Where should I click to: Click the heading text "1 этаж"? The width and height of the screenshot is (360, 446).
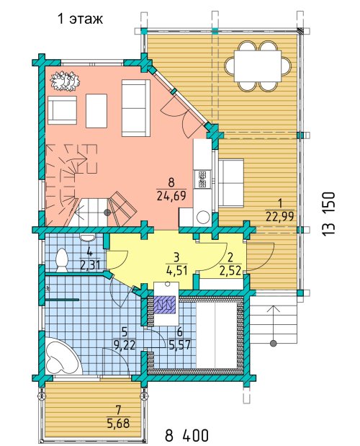[x=80, y=19]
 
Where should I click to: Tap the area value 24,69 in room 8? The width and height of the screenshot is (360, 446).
[x=171, y=196]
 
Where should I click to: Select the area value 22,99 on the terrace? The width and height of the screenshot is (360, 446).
[x=280, y=217]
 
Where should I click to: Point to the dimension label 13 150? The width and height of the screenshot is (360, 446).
[x=329, y=214]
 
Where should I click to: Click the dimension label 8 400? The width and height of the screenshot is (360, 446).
[x=187, y=435]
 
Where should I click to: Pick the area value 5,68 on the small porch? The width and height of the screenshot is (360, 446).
[x=119, y=423]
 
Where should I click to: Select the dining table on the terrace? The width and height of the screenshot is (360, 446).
[x=258, y=66]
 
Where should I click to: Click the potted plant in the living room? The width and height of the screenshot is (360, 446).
[x=65, y=80]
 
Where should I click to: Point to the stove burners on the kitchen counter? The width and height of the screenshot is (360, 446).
[x=202, y=179]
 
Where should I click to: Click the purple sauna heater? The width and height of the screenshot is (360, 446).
[x=164, y=305]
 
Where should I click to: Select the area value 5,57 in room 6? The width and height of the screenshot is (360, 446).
[x=179, y=345]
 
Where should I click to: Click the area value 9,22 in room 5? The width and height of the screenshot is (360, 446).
[x=124, y=345]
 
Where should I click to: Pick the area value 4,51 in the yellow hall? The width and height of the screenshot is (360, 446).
[x=176, y=270]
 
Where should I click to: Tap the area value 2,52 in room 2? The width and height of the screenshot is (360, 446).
[x=230, y=271]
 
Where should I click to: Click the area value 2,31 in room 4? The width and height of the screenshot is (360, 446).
[x=90, y=265]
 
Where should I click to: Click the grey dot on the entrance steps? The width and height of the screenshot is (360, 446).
[x=274, y=343]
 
